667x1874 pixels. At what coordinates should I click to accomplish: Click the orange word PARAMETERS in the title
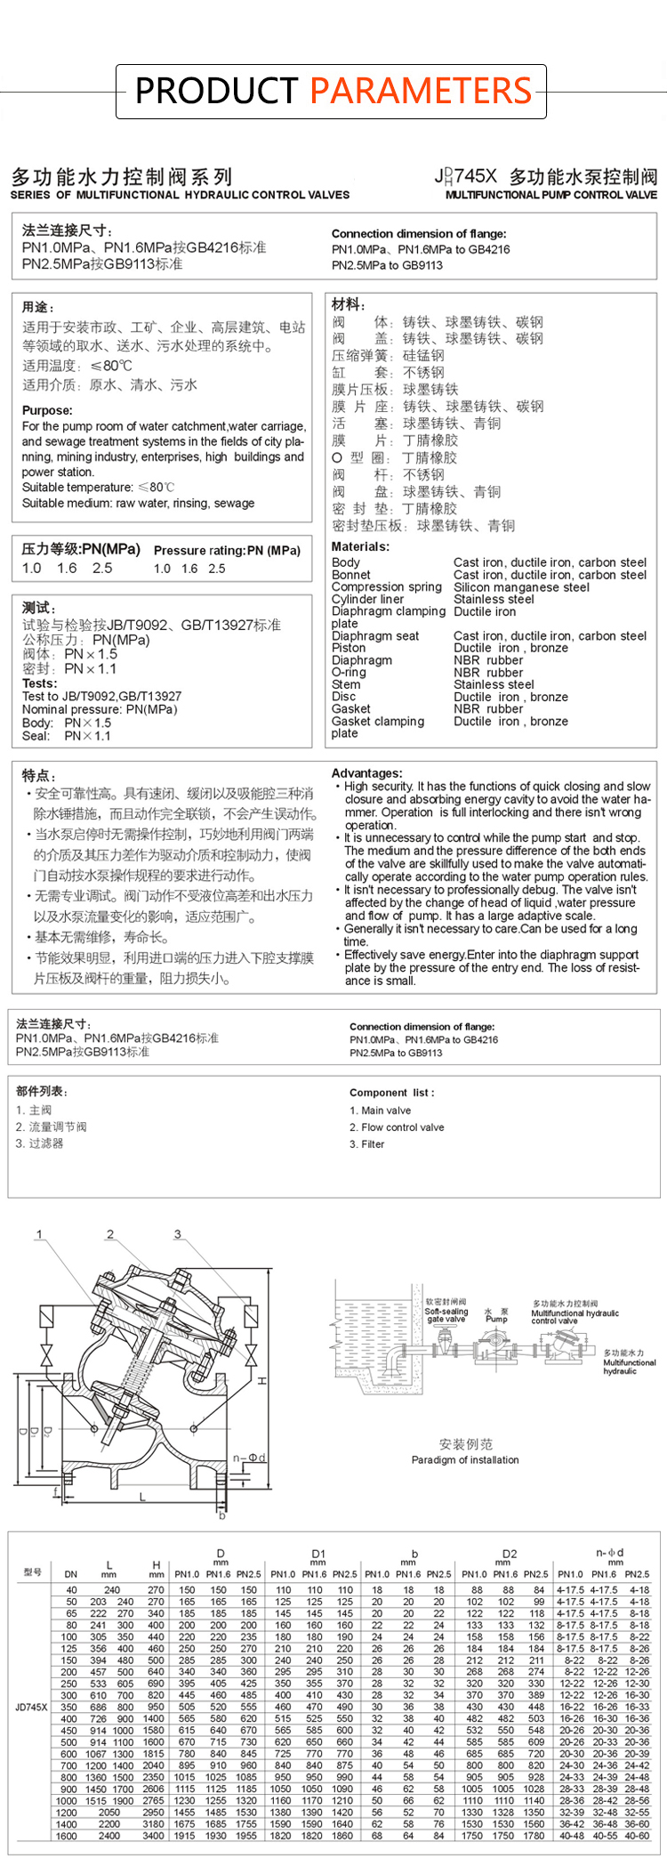point(421,91)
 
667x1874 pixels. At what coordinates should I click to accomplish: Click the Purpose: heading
point(47,410)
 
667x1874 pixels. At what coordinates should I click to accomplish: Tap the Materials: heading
point(360,546)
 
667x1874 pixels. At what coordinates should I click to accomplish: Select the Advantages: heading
point(366,773)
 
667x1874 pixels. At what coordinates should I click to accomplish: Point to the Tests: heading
point(40,683)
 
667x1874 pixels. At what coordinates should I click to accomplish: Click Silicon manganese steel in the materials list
point(521,587)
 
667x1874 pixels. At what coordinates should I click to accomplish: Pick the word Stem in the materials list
point(346,684)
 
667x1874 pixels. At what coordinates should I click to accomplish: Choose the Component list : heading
point(391,1093)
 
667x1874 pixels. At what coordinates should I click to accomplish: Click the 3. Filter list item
point(366,1144)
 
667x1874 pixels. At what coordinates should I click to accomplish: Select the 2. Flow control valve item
point(397,1127)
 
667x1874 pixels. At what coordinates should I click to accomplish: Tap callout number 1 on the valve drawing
point(39,1234)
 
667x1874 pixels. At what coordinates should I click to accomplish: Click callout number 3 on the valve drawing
point(177,1234)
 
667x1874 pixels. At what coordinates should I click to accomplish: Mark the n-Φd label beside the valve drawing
point(249,1458)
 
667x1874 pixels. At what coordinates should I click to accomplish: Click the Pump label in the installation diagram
point(496,1319)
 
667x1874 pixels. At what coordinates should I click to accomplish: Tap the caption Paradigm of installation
point(465,1459)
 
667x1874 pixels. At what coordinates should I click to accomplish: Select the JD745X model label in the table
point(32,1707)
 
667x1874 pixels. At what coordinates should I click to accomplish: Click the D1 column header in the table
point(318,1555)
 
